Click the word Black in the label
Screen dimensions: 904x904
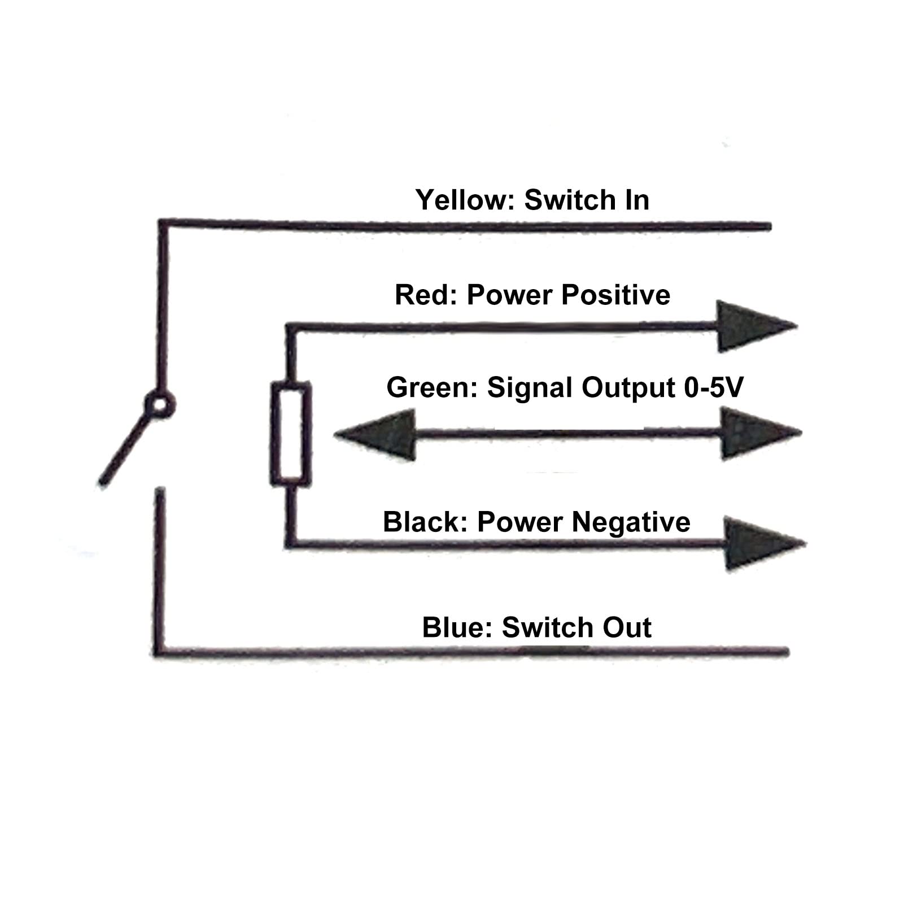[425, 522]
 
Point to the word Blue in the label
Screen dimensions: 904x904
[457, 627]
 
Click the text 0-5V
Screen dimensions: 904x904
[714, 387]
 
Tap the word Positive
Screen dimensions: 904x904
[616, 295]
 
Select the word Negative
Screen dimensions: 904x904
[631, 522]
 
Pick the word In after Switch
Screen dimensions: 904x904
[637, 200]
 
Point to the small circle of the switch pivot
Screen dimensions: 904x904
[159, 405]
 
